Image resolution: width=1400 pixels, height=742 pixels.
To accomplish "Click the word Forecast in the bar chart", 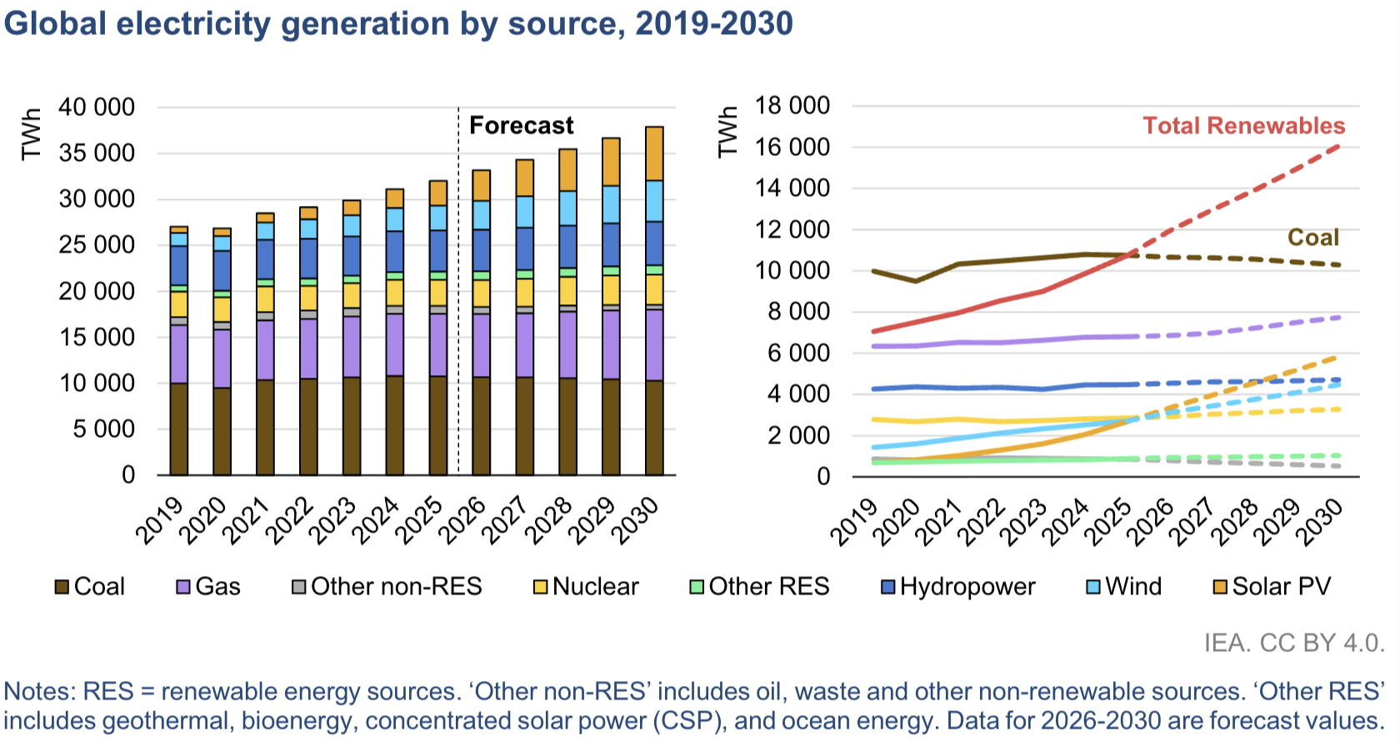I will click(521, 126).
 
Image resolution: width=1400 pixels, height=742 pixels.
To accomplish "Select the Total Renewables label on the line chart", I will click(1243, 126).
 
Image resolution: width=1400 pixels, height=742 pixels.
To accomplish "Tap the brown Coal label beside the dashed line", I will click(1312, 238).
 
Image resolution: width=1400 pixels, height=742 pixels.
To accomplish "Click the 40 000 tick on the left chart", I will click(97, 108).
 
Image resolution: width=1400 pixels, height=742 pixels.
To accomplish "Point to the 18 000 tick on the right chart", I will click(792, 106).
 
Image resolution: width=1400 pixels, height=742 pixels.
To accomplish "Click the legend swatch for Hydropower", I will click(888, 587).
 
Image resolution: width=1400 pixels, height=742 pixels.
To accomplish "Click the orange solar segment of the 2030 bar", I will click(654, 153).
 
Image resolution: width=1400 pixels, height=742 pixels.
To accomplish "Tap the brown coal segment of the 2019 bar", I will click(178, 429).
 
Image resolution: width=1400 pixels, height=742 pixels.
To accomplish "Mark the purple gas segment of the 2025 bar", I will click(437, 344).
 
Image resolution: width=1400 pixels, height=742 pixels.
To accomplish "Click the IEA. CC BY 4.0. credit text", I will click(1294, 643).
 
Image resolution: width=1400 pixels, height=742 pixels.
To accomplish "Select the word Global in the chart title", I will click(55, 23).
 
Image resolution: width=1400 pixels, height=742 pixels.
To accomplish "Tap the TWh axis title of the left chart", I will click(31, 133).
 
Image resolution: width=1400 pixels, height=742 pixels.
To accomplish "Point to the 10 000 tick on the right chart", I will click(792, 271).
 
